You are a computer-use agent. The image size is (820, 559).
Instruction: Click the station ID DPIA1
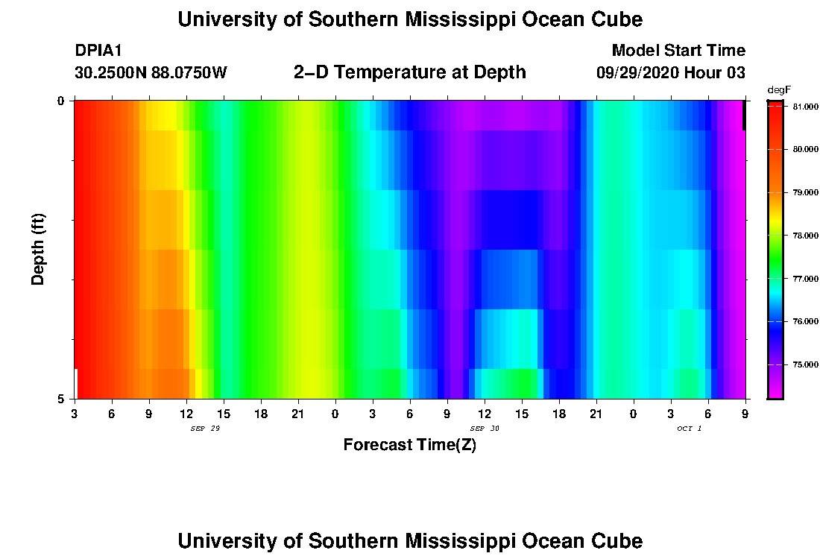pyautogui.click(x=98, y=51)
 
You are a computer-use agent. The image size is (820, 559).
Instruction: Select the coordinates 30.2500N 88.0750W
pyautogui.click(x=151, y=73)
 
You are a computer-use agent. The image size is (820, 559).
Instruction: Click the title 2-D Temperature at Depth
pyautogui.click(x=410, y=72)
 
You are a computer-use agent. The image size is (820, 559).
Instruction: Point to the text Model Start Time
pyautogui.click(x=678, y=51)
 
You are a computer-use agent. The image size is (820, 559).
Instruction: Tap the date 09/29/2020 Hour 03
pyautogui.click(x=671, y=73)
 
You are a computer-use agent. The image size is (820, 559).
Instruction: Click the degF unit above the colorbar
pyautogui.click(x=778, y=90)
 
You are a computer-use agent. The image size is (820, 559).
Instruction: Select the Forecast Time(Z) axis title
pyautogui.click(x=409, y=446)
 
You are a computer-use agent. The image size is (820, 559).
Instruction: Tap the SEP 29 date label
pyautogui.click(x=205, y=429)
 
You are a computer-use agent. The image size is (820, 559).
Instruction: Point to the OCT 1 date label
pyautogui.click(x=690, y=429)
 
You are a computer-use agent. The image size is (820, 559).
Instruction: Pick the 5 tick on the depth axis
pyautogui.click(x=62, y=399)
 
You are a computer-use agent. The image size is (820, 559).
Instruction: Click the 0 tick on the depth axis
pyautogui.click(x=62, y=101)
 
